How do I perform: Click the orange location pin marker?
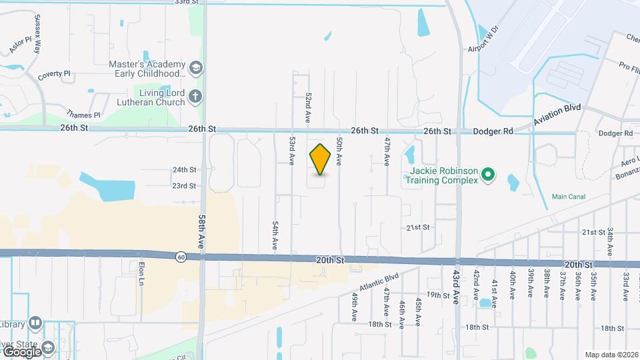click(321, 159)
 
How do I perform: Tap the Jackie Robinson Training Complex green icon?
click(488, 175)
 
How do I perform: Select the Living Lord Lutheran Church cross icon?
click(195, 97)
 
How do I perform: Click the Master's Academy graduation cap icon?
click(196, 67)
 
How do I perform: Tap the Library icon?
click(35, 324)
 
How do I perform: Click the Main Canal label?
click(569, 197)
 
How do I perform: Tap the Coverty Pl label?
click(54, 74)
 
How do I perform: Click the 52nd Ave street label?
click(309, 107)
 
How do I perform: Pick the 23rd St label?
click(184, 186)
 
